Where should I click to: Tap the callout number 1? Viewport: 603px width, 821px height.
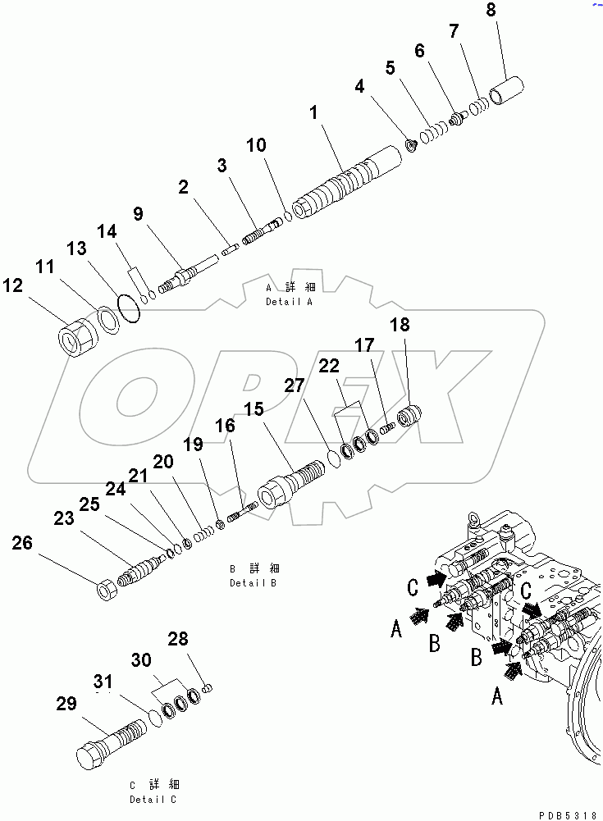point(313,114)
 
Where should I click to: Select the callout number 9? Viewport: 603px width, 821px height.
point(138,214)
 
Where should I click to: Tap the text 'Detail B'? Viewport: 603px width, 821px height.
point(253,583)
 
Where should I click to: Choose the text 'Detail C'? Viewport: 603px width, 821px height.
point(153,799)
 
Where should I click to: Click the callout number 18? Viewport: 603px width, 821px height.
point(400,325)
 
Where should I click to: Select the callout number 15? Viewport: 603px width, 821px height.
point(253,408)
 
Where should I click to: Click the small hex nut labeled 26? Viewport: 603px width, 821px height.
point(106,589)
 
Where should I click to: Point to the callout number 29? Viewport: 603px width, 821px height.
point(66,703)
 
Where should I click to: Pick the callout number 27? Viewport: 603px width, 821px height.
point(295,385)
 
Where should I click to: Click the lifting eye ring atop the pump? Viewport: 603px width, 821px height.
point(473,519)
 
